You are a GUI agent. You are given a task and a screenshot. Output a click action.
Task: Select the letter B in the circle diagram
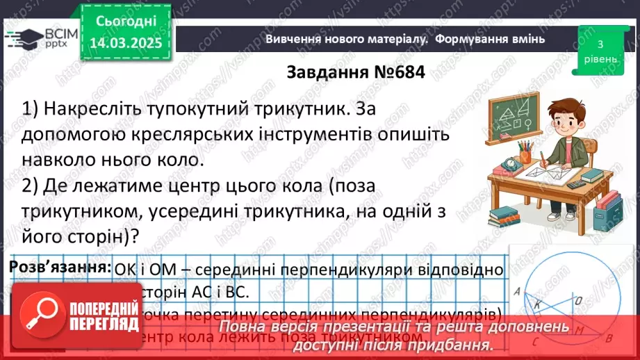609,340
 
